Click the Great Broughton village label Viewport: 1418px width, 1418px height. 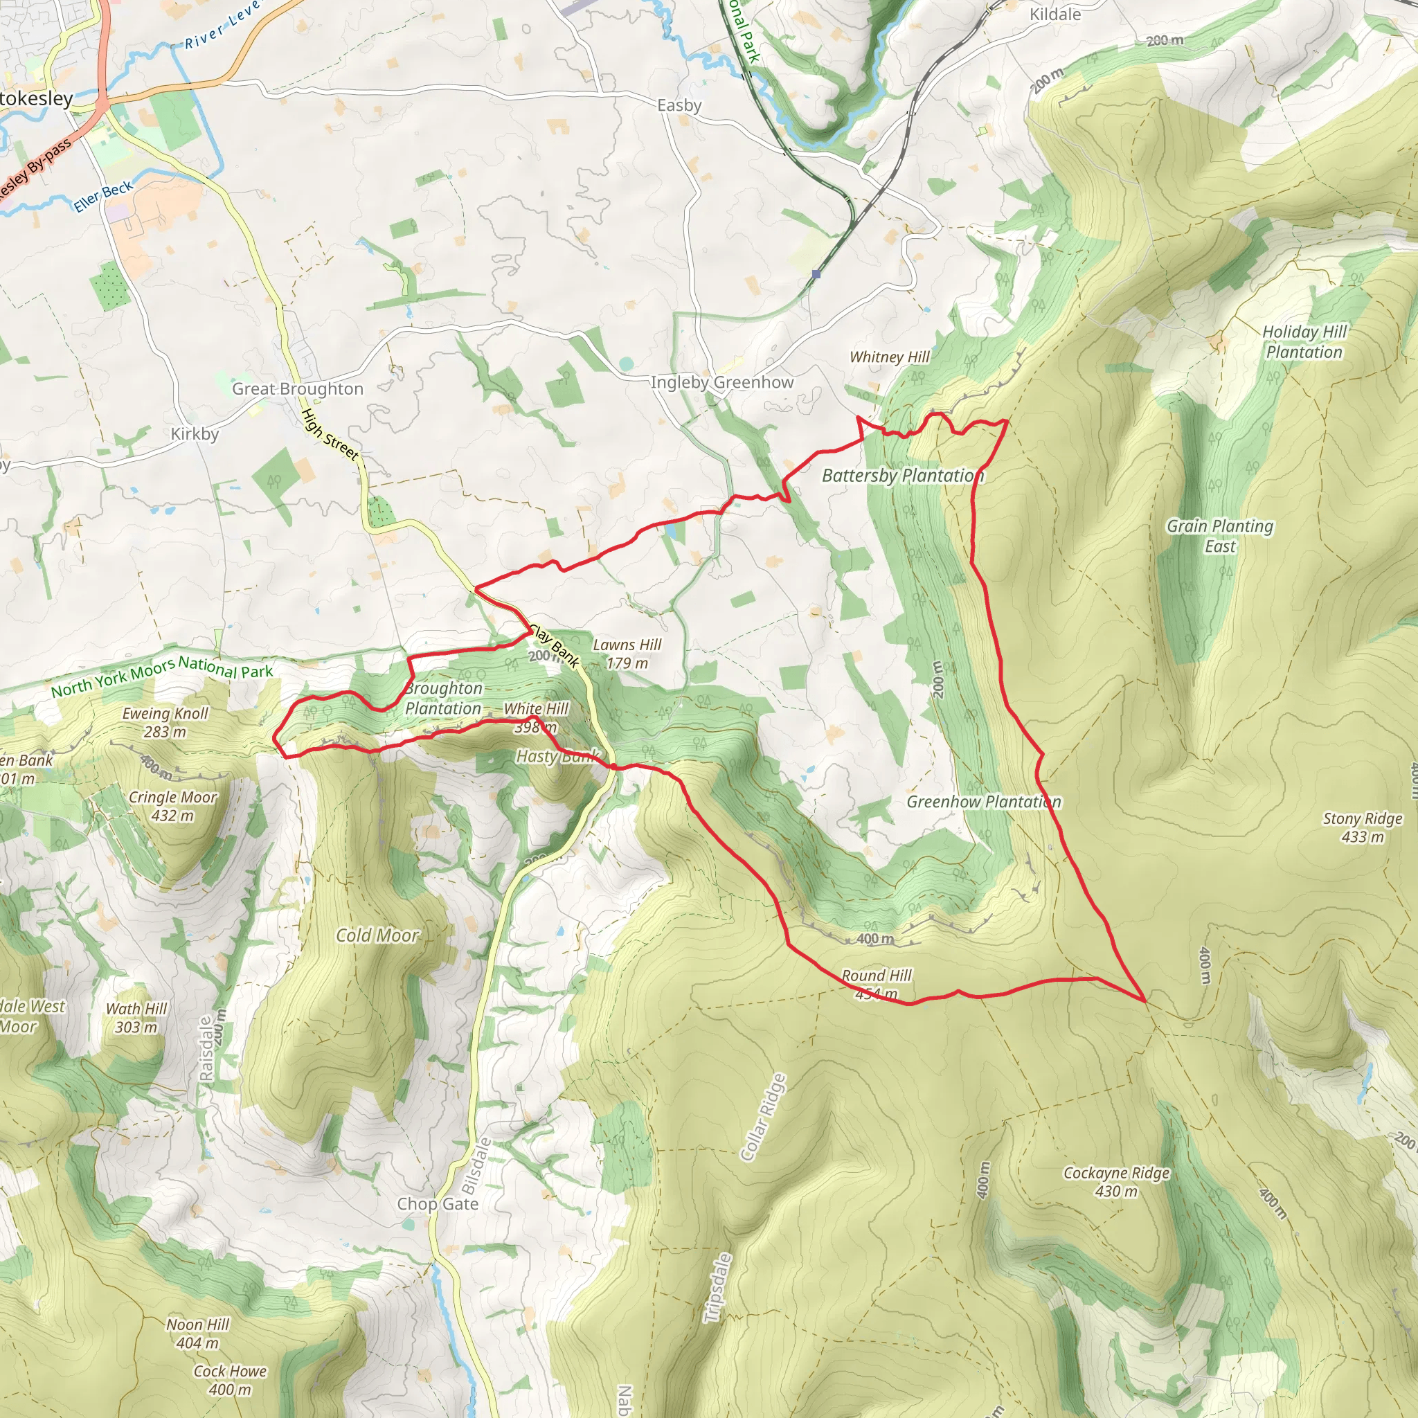(297, 389)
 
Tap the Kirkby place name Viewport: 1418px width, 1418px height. (195, 433)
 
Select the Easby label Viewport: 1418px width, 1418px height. (679, 106)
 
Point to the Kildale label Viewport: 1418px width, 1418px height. (1054, 15)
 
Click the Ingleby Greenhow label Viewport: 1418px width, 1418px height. (722, 382)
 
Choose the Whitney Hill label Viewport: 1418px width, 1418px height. (889, 357)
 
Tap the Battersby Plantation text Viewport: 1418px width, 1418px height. (902, 476)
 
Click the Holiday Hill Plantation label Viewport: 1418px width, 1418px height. (1304, 342)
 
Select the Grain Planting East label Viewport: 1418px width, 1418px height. (1220, 536)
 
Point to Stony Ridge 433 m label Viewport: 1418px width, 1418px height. (1362, 827)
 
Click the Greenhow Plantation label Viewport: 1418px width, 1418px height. (983, 802)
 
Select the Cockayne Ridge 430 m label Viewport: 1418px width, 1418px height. (1116, 1182)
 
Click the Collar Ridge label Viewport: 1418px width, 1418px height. (763, 1118)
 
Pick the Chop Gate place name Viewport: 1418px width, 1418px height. (438, 1203)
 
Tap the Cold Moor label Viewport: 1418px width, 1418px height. (377, 935)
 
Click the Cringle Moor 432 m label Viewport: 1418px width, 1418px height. (172, 806)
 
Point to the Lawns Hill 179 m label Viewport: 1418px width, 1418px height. (627, 653)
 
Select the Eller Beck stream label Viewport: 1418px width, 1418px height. (103, 196)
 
